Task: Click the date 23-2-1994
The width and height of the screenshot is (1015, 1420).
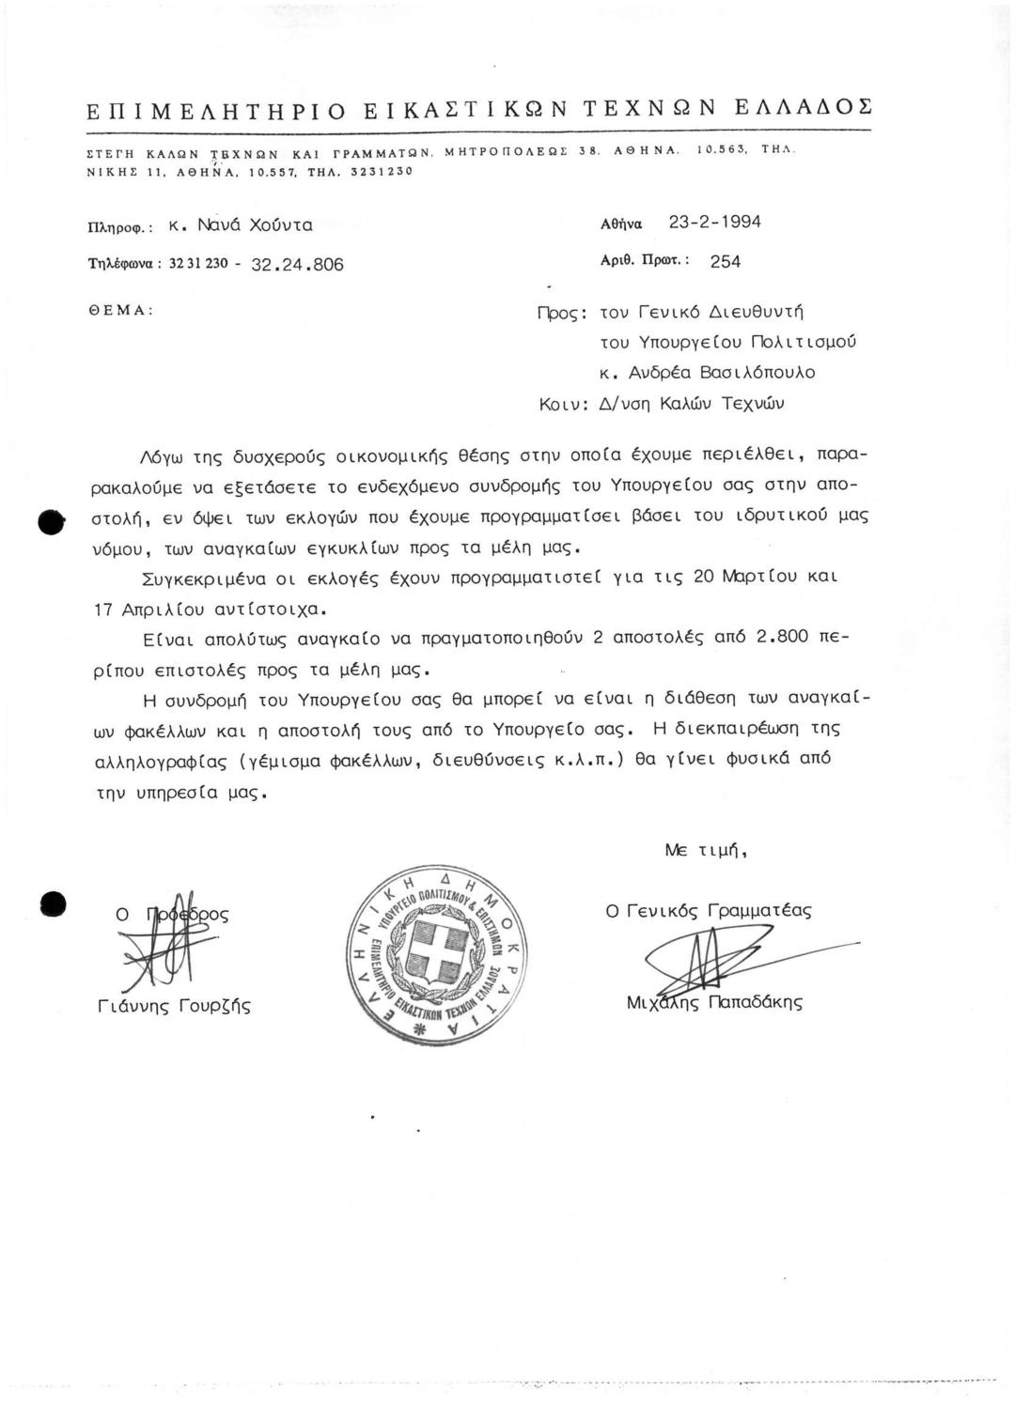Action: coord(714,223)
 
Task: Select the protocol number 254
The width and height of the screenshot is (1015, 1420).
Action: coord(725,262)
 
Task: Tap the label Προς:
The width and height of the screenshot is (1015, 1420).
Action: coord(560,312)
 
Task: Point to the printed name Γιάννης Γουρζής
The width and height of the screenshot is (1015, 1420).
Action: coord(174,1007)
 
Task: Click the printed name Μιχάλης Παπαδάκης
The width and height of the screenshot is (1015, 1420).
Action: coord(714,1002)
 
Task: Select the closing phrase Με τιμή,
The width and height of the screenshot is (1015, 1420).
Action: coord(706,851)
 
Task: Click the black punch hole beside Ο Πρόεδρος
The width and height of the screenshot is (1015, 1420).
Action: coord(53,903)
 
